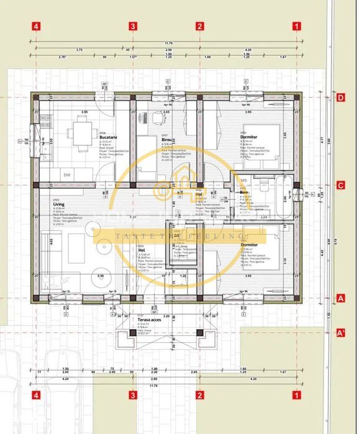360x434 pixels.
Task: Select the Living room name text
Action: tap(59, 204)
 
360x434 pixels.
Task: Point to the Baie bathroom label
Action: tap(244, 193)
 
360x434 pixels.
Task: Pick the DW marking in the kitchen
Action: tap(66, 174)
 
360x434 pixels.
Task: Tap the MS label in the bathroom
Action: tap(243, 181)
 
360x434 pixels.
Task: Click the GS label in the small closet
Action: tap(177, 236)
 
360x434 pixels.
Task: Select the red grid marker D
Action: tap(340, 97)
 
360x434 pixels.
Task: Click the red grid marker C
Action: tap(340, 185)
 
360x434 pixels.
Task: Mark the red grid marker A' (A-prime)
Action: tap(340, 333)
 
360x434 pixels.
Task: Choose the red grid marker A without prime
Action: tap(340, 298)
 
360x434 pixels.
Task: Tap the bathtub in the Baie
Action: tap(287, 197)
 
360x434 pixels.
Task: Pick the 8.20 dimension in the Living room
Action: tap(132, 218)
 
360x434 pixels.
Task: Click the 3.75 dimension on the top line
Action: tap(79, 49)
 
